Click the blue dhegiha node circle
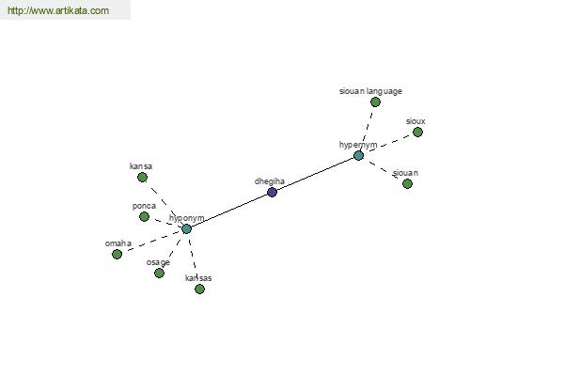[x=272, y=192]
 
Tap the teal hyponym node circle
[x=186, y=228]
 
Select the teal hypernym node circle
[x=358, y=155]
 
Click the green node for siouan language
[x=375, y=102]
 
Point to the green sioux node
[x=417, y=132]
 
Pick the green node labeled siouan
[x=407, y=183]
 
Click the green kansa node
[x=142, y=177]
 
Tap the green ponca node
[x=144, y=216]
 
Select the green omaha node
[x=117, y=254]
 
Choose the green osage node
[x=159, y=273]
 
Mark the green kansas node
[x=199, y=289]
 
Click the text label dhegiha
[x=268, y=180]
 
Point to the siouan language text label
[x=370, y=91]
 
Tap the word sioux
[x=415, y=121]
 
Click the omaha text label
[x=119, y=243]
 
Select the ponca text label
[x=144, y=206]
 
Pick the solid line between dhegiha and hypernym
[x=315, y=174]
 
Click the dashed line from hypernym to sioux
[x=388, y=144]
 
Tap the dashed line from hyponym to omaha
[x=150, y=242]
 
